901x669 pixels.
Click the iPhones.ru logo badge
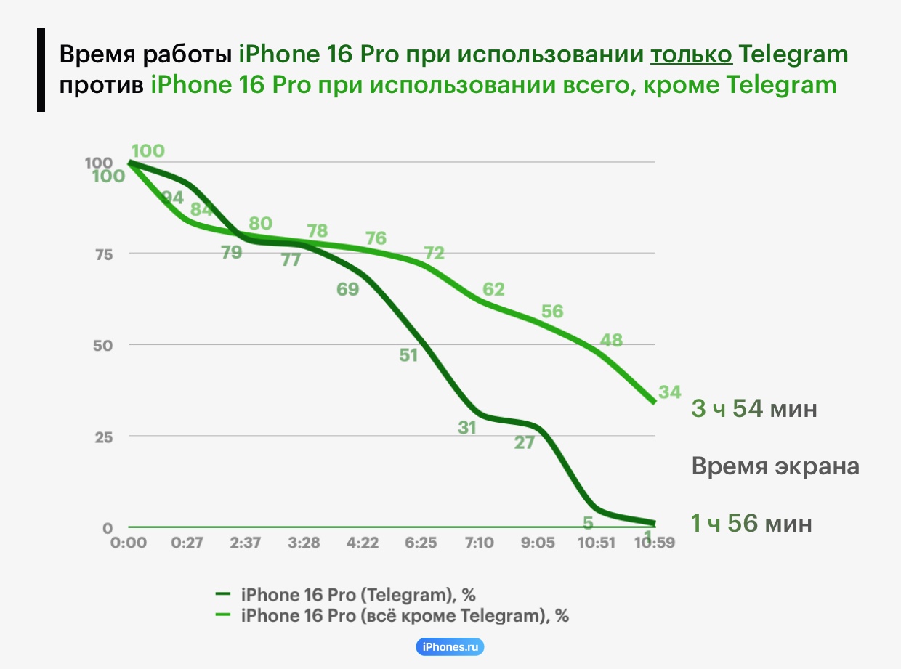click(x=450, y=646)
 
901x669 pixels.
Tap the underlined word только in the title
click(x=690, y=54)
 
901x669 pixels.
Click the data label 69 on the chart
click(x=348, y=289)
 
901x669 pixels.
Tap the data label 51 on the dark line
click(x=408, y=356)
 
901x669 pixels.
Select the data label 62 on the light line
click(x=493, y=289)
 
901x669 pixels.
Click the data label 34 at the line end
click(x=669, y=392)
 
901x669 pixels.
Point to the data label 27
click(x=524, y=442)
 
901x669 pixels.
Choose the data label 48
click(x=611, y=340)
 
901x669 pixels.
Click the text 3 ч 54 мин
click(x=754, y=409)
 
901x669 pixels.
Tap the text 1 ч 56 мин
click(x=751, y=523)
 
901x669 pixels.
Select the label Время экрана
click(x=775, y=466)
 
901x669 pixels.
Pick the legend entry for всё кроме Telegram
click(x=404, y=616)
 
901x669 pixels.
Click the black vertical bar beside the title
click(x=41, y=70)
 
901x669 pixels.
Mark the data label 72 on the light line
click(x=434, y=254)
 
